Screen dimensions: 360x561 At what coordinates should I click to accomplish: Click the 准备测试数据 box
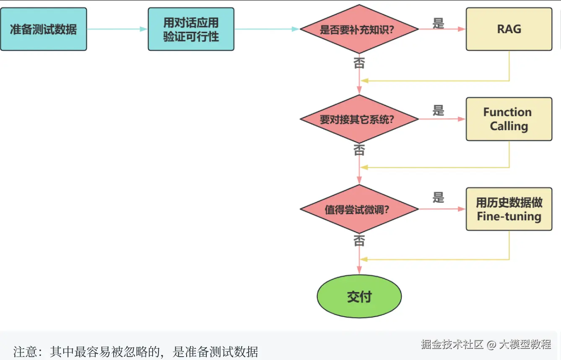click(x=43, y=29)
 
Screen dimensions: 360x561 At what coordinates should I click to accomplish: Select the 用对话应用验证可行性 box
click(x=191, y=29)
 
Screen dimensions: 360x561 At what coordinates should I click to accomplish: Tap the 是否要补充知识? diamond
click(x=359, y=29)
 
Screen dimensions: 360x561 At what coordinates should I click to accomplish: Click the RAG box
click(x=509, y=29)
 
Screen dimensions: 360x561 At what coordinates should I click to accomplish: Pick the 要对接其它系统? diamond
click(x=359, y=119)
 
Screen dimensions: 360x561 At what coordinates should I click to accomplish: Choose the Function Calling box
click(x=509, y=119)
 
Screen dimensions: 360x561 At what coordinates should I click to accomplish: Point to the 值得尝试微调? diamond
click(x=359, y=209)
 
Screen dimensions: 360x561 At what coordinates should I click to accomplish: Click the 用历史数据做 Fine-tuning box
click(x=509, y=209)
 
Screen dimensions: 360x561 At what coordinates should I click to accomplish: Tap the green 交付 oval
click(x=359, y=297)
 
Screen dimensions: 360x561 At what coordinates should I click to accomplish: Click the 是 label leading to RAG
click(x=439, y=23)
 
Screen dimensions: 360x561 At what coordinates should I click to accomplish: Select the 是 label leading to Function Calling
click(x=439, y=110)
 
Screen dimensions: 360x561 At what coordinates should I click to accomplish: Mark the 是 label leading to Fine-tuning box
click(x=439, y=197)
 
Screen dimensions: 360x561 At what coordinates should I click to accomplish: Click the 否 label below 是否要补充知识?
click(x=359, y=63)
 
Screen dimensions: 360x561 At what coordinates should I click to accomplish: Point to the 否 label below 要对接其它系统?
click(x=359, y=150)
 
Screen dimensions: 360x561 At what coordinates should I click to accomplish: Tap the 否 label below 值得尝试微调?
click(x=359, y=240)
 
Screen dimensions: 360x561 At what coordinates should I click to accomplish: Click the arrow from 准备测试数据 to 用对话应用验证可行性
click(x=117, y=29)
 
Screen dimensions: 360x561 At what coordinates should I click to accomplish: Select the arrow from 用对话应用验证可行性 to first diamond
click(x=266, y=29)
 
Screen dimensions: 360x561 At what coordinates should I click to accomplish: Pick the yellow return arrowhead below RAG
click(x=364, y=81)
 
